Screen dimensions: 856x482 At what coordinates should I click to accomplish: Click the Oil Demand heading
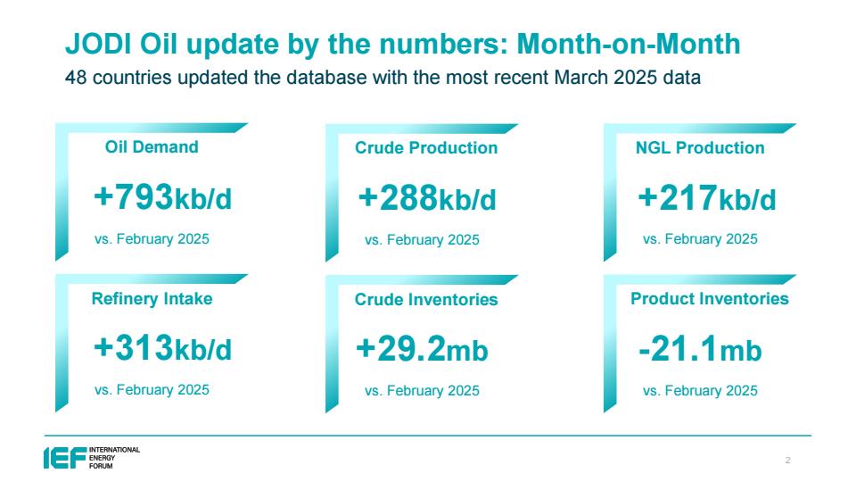(x=152, y=147)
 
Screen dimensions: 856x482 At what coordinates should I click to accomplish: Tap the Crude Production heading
(x=426, y=147)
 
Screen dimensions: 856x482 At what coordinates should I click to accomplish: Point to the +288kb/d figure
(x=427, y=198)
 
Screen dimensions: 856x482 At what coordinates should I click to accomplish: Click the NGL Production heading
(x=700, y=147)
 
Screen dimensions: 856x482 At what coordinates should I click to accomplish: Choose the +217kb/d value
(x=707, y=198)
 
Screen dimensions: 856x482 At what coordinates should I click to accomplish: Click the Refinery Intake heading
(x=152, y=299)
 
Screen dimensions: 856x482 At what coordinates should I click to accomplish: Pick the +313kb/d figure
(x=162, y=348)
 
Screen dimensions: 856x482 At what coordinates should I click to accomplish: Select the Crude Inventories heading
(x=426, y=300)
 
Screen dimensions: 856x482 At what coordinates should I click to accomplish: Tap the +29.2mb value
(x=422, y=349)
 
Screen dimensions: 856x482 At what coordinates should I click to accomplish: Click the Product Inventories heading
(x=710, y=298)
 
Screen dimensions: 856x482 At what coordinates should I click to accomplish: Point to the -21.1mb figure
(x=701, y=349)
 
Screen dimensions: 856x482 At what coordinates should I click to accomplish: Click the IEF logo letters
(x=65, y=457)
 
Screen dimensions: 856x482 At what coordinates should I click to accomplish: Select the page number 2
(x=787, y=461)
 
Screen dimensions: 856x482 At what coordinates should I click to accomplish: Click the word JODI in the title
(x=98, y=44)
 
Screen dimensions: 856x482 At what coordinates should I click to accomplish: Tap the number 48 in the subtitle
(x=76, y=78)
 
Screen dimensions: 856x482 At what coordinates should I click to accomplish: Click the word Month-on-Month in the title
(x=629, y=44)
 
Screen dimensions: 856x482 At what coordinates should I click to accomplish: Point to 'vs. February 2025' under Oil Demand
(x=152, y=239)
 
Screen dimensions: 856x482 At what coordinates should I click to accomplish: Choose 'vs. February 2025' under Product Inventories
(x=700, y=391)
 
